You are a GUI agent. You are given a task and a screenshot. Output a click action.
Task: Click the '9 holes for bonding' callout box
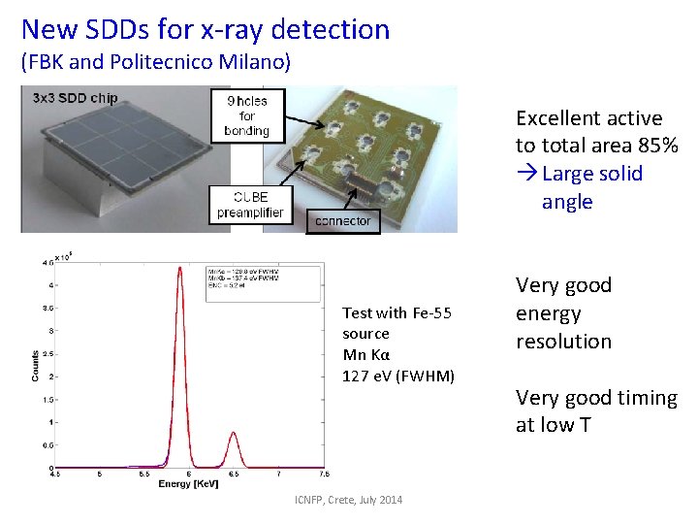click(x=246, y=115)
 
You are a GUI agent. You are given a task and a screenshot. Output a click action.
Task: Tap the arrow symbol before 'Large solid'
click(x=526, y=174)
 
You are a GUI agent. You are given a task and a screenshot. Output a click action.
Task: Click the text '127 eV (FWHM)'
click(x=398, y=376)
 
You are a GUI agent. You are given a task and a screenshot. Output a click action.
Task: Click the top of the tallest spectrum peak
click(x=179, y=268)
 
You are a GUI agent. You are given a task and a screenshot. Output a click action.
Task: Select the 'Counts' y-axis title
click(x=36, y=365)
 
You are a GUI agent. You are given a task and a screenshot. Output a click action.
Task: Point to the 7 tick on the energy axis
click(x=279, y=475)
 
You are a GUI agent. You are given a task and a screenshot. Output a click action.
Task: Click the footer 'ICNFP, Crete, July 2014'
click(x=349, y=500)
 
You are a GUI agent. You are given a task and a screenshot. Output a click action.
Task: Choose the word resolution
click(x=563, y=342)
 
